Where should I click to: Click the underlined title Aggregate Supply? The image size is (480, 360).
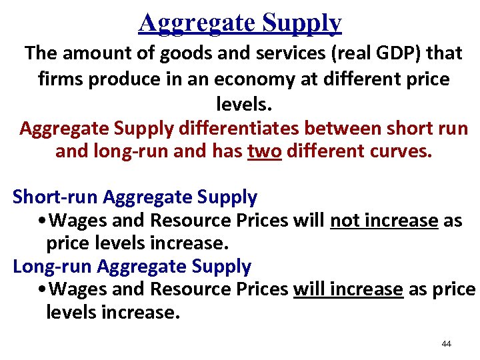pyautogui.click(x=240, y=22)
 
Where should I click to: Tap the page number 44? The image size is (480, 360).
pyautogui.click(x=446, y=344)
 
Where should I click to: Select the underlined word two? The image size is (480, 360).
pyautogui.click(x=265, y=151)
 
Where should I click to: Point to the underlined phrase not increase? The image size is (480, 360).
pyautogui.click(x=384, y=221)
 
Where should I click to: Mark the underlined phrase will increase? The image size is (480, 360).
pyautogui.click(x=348, y=289)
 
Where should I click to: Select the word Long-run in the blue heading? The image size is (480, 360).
pyautogui.click(x=52, y=267)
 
